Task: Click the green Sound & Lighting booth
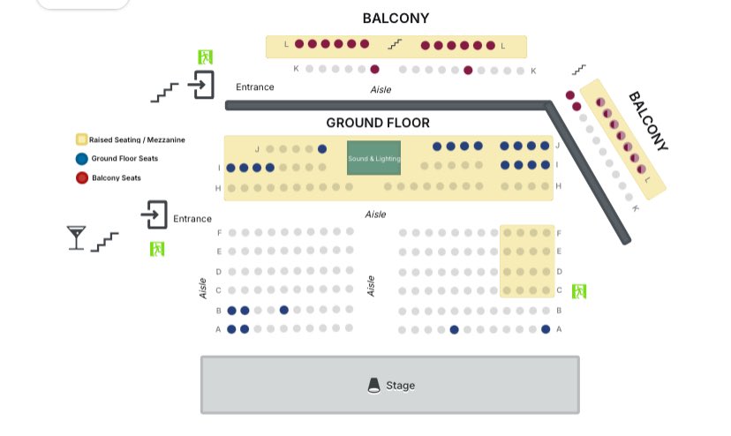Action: (x=373, y=158)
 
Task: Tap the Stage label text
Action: (x=400, y=386)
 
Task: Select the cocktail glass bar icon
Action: (x=76, y=237)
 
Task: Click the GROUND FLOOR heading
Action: (x=378, y=123)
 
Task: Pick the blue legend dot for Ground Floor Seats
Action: (x=81, y=159)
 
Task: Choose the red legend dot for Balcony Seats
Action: (x=82, y=177)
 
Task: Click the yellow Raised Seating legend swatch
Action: (x=81, y=139)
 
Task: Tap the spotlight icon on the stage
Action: (x=374, y=386)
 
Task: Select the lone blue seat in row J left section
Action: (x=322, y=149)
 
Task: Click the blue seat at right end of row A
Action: (x=546, y=329)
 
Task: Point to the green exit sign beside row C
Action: (x=579, y=291)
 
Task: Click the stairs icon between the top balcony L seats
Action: (x=395, y=44)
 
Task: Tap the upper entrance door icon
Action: (x=201, y=85)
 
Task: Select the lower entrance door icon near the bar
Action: (x=154, y=214)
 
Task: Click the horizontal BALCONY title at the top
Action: (x=396, y=19)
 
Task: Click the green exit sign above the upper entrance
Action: (x=205, y=56)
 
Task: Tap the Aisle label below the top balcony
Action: (x=381, y=89)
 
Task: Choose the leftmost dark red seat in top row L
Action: (x=299, y=44)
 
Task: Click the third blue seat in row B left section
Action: (x=284, y=310)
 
